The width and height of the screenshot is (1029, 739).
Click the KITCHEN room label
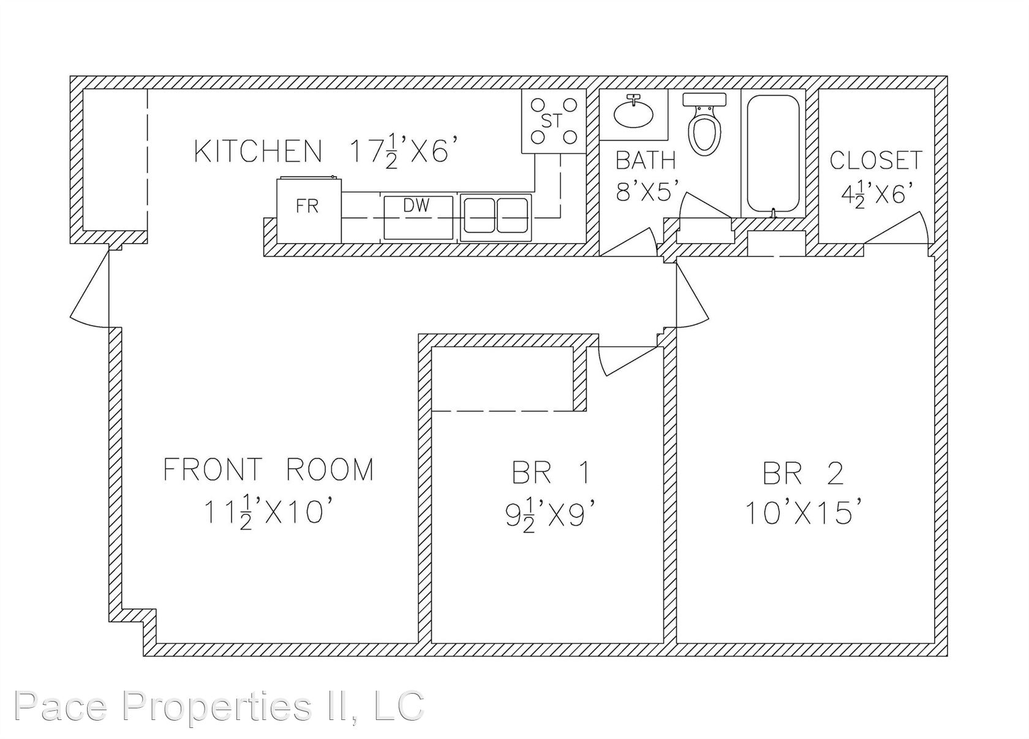(258, 152)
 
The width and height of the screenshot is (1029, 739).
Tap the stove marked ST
(554, 121)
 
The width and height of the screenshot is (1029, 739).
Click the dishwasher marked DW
(418, 218)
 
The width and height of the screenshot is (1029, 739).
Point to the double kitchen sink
(496, 217)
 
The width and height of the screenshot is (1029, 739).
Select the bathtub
(773, 154)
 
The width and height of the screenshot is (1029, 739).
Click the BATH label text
(646, 160)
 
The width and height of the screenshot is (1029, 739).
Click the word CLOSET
(876, 160)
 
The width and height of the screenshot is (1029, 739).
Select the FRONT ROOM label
(269, 469)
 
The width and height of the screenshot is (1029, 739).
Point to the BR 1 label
(550, 473)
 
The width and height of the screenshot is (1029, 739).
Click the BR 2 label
(803, 473)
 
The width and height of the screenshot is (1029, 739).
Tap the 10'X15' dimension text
(802, 512)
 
